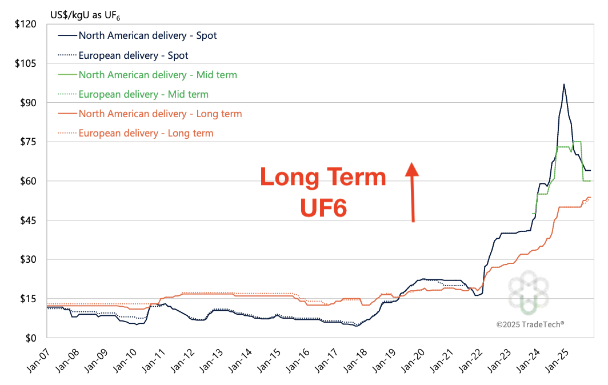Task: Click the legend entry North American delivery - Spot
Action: [147, 35]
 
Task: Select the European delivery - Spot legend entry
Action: [133, 55]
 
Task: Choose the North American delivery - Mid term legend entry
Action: [158, 75]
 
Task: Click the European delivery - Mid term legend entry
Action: [143, 94]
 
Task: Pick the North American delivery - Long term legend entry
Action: [160, 114]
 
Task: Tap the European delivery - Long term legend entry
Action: [146, 133]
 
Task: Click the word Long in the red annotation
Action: [291, 178]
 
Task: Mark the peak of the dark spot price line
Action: [564, 85]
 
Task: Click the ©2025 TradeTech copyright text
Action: [530, 324]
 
